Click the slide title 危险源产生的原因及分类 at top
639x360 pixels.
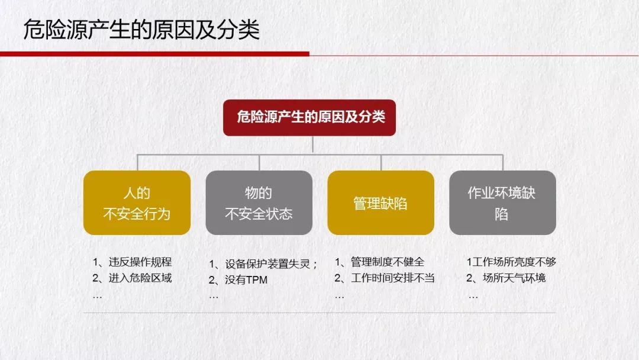[x=141, y=30]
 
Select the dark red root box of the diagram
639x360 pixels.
[x=309, y=117]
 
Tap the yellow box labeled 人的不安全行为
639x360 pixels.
[x=137, y=202]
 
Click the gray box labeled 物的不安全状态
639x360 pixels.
[x=259, y=202]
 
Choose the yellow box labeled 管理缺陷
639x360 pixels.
[x=380, y=202]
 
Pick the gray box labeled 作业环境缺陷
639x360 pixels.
[x=502, y=202]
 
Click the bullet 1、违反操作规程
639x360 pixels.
[x=132, y=262]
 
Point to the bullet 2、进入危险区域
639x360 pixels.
[x=132, y=278]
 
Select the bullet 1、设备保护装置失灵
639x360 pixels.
[x=263, y=264]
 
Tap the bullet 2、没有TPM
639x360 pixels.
[x=238, y=280]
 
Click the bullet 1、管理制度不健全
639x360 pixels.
[x=379, y=262]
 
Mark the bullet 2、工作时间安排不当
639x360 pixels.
[x=385, y=278]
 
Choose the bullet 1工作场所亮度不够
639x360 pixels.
[x=511, y=262]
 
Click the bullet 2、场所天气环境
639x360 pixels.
[x=506, y=278]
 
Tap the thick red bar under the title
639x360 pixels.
[x=154, y=54]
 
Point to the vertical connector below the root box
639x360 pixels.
[x=312, y=144]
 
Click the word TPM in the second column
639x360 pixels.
[x=257, y=280]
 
